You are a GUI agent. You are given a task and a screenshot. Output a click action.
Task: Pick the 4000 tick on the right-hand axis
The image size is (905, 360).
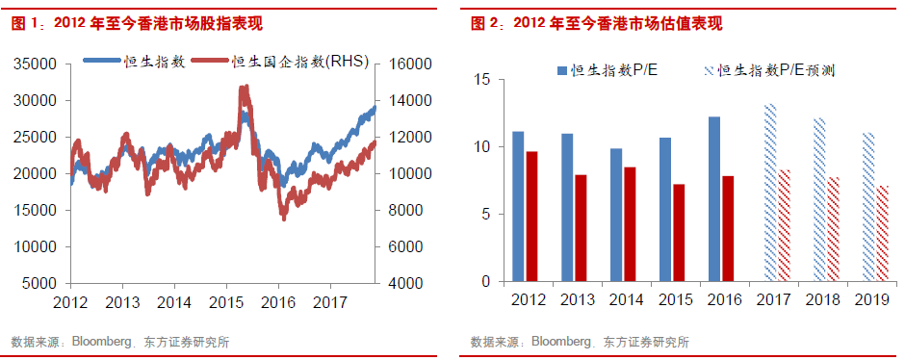[407, 284]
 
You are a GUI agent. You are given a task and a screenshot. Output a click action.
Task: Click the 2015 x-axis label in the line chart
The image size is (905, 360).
[225, 302]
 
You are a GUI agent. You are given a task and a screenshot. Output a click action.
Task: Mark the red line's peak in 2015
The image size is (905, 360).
[245, 88]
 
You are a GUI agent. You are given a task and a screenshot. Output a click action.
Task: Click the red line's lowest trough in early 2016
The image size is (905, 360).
[284, 218]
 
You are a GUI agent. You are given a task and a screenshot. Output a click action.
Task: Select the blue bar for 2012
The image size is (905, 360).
[518, 206]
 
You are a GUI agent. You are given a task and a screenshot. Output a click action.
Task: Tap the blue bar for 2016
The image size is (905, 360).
[713, 199]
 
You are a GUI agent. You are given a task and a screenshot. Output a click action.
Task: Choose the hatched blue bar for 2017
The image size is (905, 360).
[769, 193]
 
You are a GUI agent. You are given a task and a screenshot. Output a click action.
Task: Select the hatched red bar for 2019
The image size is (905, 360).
[884, 233]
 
